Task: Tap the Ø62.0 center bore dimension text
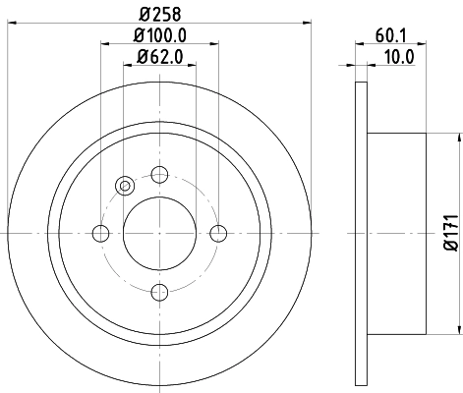coord(158,56)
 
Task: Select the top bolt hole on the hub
coord(159,175)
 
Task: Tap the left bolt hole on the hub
coord(100,233)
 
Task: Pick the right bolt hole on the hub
coord(218,233)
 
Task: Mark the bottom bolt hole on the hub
coord(159,292)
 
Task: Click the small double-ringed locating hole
coord(124,185)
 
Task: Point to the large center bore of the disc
coord(159,233)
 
